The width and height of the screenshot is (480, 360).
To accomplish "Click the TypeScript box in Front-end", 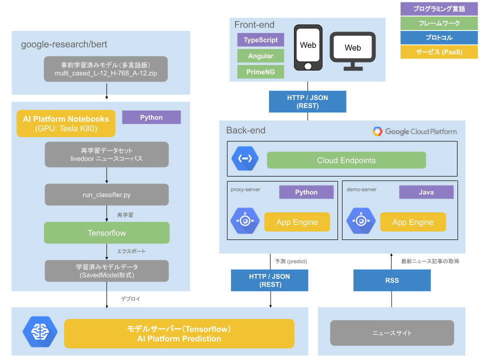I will (x=260, y=40).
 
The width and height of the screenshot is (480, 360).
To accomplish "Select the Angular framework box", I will (x=260, y=56).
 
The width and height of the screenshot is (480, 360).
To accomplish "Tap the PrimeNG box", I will (x=260, y=72).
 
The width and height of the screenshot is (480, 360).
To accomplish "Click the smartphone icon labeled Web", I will (x=308, y=47).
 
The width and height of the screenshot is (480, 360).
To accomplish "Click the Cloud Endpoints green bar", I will (x=346, y=160).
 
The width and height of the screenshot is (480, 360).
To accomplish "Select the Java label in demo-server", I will (x=426, y=192).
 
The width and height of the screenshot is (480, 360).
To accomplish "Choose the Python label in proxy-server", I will (x=306, y=192).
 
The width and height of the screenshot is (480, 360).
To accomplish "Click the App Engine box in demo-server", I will (x=412, y=222).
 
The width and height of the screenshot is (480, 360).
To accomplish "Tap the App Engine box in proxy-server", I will (x=297, y=222).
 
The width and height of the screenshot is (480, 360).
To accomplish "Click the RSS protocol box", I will (x=392, y=280).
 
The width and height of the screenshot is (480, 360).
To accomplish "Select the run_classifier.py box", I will (x=106, y=194).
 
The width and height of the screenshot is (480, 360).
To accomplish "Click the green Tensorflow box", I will (x=106, y=233).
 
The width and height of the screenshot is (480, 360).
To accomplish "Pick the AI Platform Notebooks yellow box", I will (x=66, y=123).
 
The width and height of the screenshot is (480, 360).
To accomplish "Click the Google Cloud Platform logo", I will (x=414, y=131).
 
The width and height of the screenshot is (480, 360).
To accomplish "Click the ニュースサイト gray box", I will (x=392, y=333).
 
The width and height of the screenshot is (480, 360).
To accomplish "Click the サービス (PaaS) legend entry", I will (x=439, y=52).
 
